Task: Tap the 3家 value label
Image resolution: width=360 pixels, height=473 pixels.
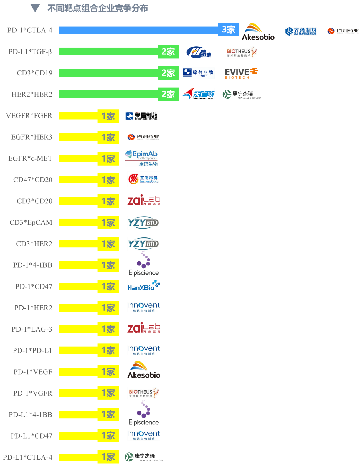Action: (229, 30)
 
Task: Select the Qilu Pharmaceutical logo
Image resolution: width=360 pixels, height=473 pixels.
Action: (301, 31)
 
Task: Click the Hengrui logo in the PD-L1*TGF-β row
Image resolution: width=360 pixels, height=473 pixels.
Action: (199, 52)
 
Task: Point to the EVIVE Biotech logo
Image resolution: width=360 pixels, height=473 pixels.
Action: (241, 73)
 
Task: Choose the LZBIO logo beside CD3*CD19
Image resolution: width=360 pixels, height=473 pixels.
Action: (198, 73)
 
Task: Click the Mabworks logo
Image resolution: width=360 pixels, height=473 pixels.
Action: (198, 94)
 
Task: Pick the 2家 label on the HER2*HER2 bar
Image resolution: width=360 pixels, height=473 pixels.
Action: (168, 94)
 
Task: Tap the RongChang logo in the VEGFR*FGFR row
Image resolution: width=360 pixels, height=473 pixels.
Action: (141, 116)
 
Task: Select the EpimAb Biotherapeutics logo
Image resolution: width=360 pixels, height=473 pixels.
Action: (141, 158)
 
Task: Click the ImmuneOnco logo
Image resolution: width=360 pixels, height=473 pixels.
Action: (144, 179)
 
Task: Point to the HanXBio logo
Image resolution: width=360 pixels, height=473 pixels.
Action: (144, 285)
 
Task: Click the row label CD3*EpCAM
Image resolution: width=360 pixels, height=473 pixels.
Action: (31, 222)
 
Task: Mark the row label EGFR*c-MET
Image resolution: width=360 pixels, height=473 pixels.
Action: (30, 158)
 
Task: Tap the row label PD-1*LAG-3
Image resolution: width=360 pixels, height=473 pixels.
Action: (32, 329)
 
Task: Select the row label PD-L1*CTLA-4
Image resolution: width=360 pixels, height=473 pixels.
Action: (27, 457)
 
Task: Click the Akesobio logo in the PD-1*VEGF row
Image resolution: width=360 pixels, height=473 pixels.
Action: (144, 370)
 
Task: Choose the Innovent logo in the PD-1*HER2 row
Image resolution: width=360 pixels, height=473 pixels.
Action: (144, 307)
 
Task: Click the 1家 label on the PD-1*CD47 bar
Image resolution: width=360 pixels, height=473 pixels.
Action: (108, 287)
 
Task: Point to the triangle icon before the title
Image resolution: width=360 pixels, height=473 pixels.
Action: (35, 8)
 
